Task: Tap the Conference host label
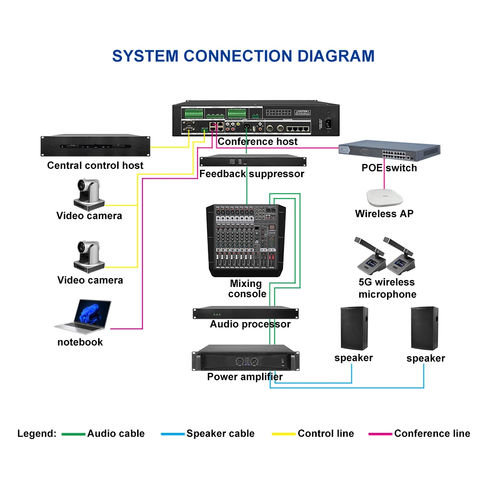tap(258, 142)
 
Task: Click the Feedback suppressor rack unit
tap(253, 162)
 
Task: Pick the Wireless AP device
tap(384, 197)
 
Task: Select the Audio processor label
tap(250, 324)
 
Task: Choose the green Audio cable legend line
tap(73, 434)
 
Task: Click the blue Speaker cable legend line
tap(173, 434)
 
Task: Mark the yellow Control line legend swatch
tap(284, 434)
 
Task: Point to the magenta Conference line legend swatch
tap(380, 434)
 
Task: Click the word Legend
tap(37, 433)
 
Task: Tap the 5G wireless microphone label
tap(387, 288)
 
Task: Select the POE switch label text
tap(389, 168)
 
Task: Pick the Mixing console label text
tap(247, 288)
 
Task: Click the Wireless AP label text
tap(384, 213)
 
